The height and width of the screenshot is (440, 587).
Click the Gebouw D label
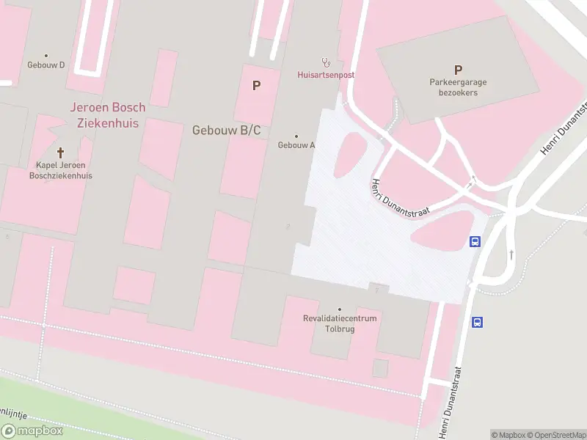tap(46, 65)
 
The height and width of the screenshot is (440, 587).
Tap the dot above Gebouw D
tap(46, 55)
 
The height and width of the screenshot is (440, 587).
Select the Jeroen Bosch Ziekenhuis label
tap(108, 114)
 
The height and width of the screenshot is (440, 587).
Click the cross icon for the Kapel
tap(60, 153)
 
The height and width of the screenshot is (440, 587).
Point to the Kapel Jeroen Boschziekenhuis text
tap(60, 170)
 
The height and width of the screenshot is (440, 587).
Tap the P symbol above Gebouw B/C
tap(256, 86)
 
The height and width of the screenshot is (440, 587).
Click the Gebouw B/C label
tap(226, 131)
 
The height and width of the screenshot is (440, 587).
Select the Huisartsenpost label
tap(326, 75)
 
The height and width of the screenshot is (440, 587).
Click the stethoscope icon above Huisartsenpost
tap(326, 62)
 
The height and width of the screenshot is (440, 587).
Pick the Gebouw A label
tap(296, 145)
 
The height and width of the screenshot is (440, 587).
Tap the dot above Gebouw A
tap(296, 136)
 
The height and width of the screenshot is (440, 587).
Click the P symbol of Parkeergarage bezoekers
tap(458, 70)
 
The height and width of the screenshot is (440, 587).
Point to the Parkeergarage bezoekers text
tap(458, 87)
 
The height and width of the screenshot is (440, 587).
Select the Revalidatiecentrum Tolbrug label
tap(340, 323)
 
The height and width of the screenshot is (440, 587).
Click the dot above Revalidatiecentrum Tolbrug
tap(339, 309)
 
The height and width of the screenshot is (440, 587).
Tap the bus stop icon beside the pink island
tap(475, 241)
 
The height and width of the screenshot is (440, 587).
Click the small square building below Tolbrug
tap(380, 367)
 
